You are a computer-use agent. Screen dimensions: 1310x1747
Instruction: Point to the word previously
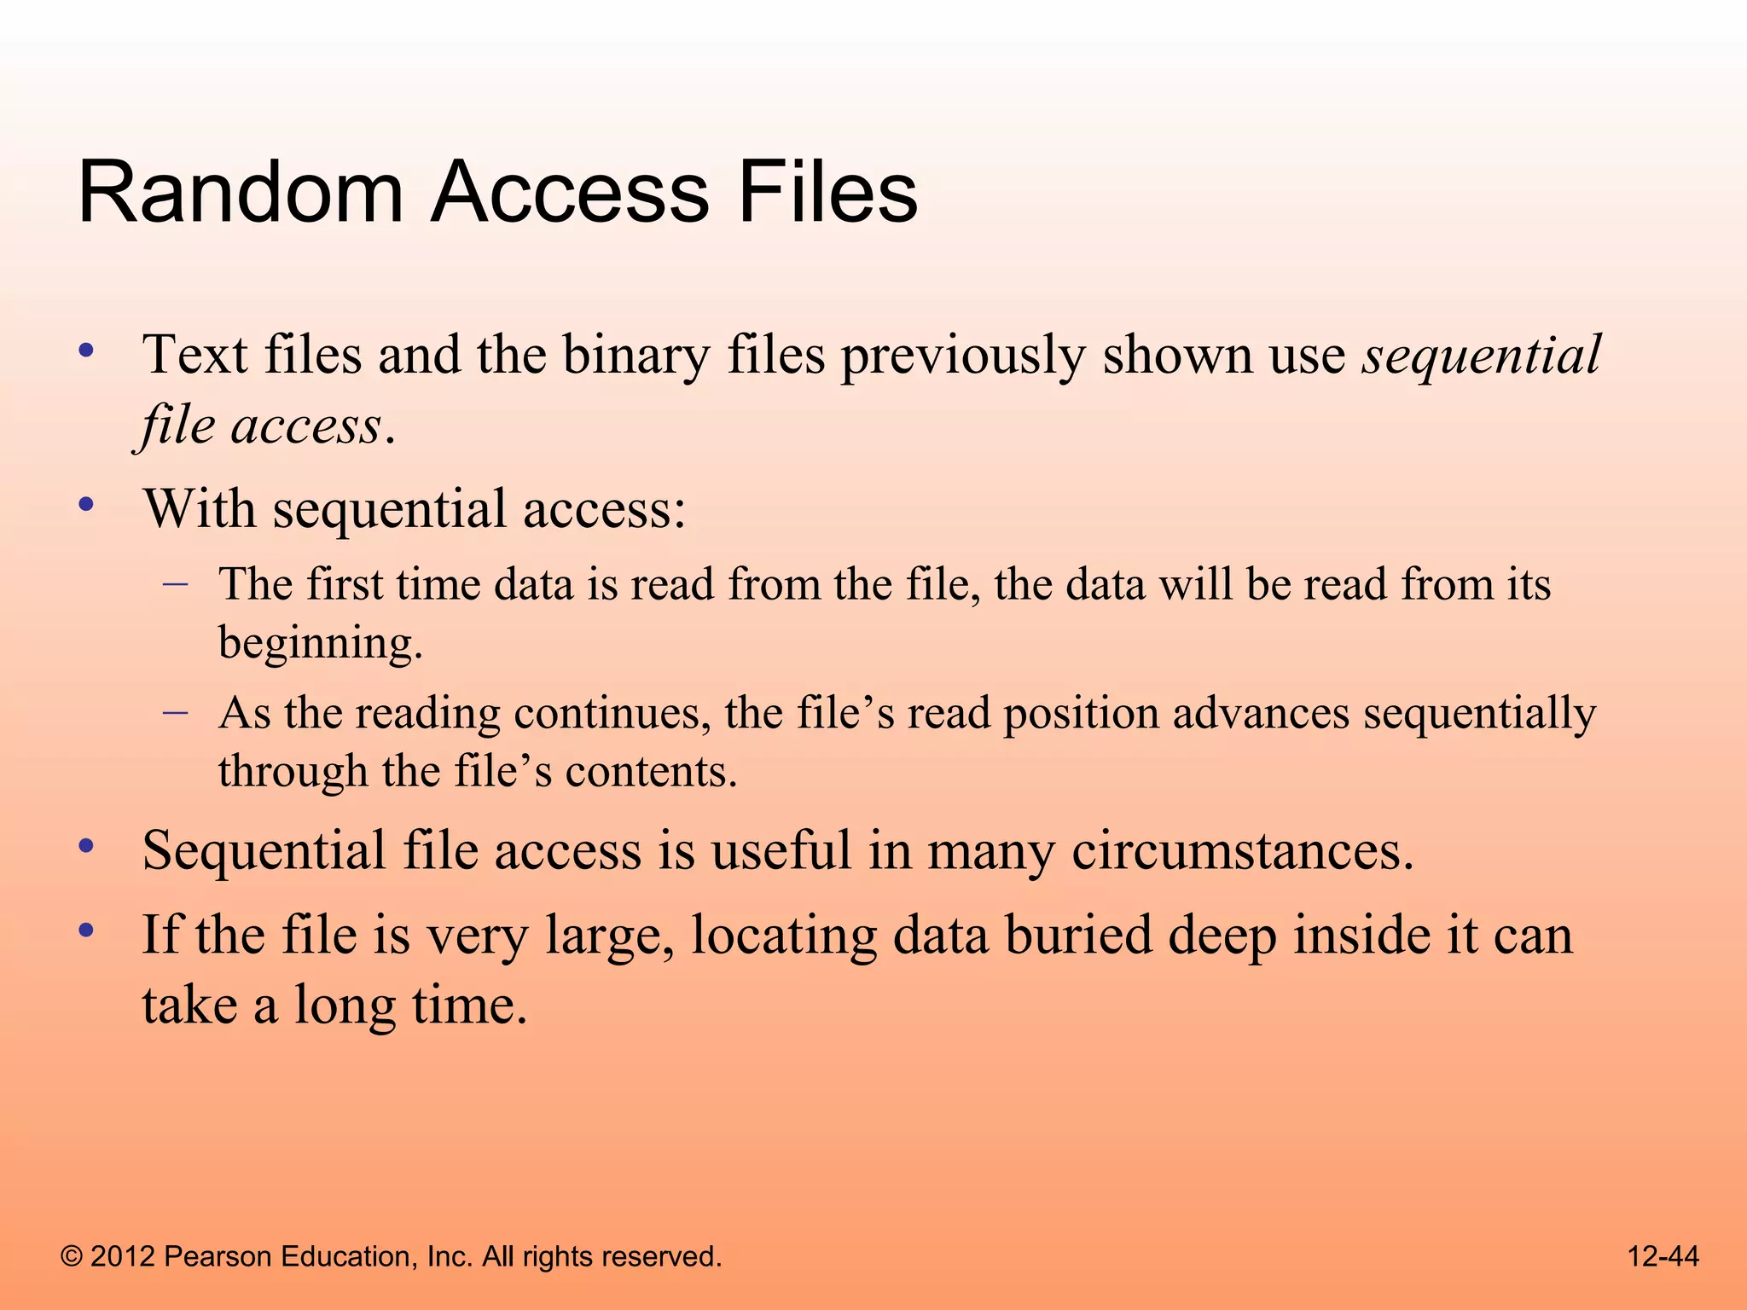pyautogui.click(x=963, y=355)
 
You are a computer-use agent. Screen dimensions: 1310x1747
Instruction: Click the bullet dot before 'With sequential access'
pyautogui.click(x=85, y=505)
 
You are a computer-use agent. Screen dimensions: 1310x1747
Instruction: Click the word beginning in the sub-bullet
pyautogui.click(x=320, y=644)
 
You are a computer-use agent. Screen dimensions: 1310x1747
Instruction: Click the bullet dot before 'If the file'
pyautogui.click(x=85, y=930)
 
